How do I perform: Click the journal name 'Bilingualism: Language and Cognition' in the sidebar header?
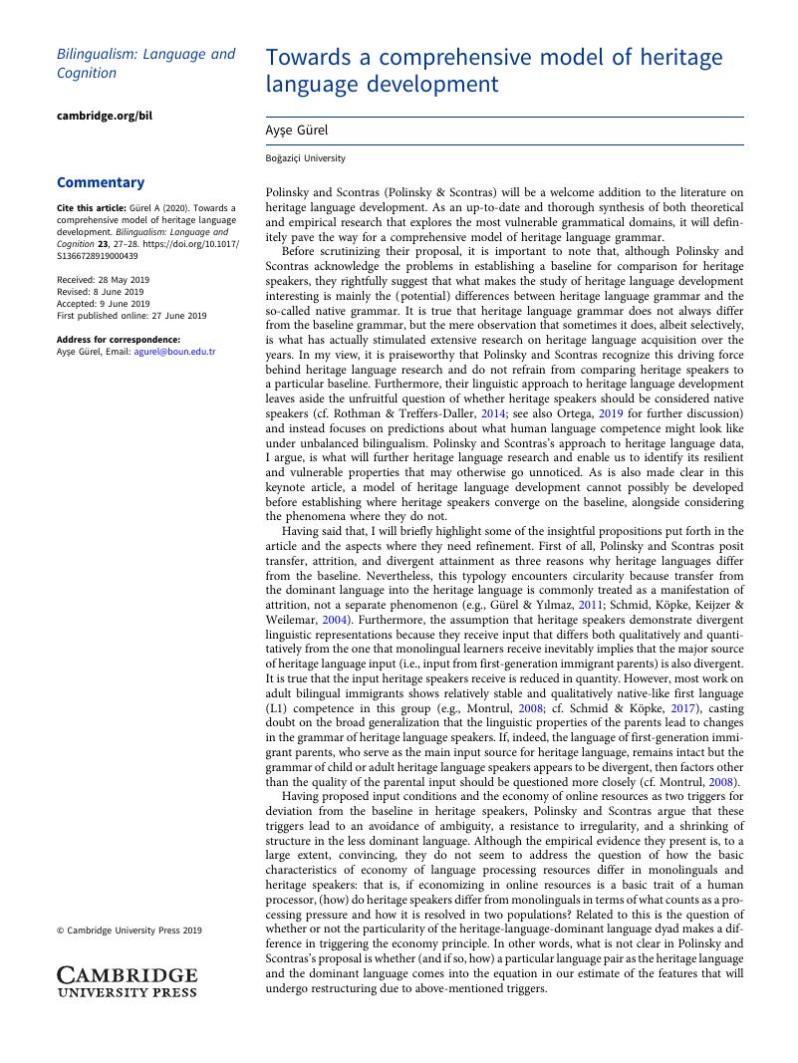(x=146, y=64)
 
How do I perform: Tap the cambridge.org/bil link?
(x=105, y=116)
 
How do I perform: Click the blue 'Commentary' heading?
(x=101, y=182)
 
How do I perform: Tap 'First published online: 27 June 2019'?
(x=132, y=316)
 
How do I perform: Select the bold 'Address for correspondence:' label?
(x=119, y=340)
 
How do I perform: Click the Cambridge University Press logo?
(x=127, y=980)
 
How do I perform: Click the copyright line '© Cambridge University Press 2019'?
(x=130, y=930)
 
